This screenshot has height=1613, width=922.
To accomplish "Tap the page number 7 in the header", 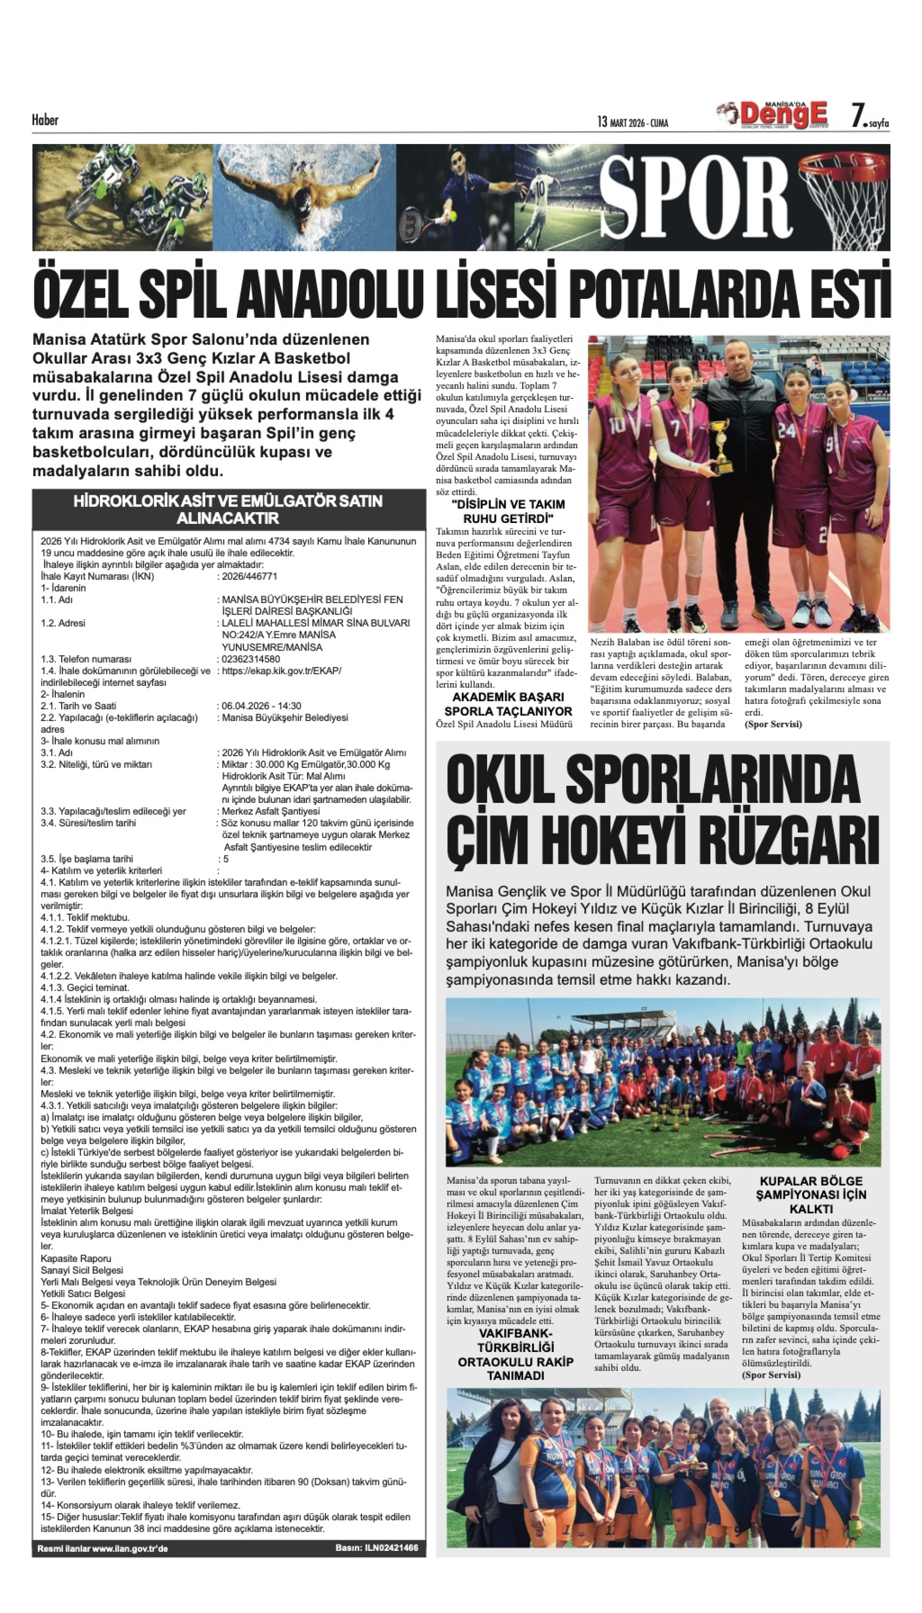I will pos(859,116).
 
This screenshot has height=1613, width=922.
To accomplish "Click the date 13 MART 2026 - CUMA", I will pos(632,122).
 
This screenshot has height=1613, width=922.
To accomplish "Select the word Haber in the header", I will pos(45,120).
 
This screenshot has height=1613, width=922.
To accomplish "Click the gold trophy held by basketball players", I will pos(721,447).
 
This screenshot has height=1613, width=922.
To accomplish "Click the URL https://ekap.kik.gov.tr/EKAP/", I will pos(281,670).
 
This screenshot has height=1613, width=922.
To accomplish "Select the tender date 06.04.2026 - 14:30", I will pos(262,705).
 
